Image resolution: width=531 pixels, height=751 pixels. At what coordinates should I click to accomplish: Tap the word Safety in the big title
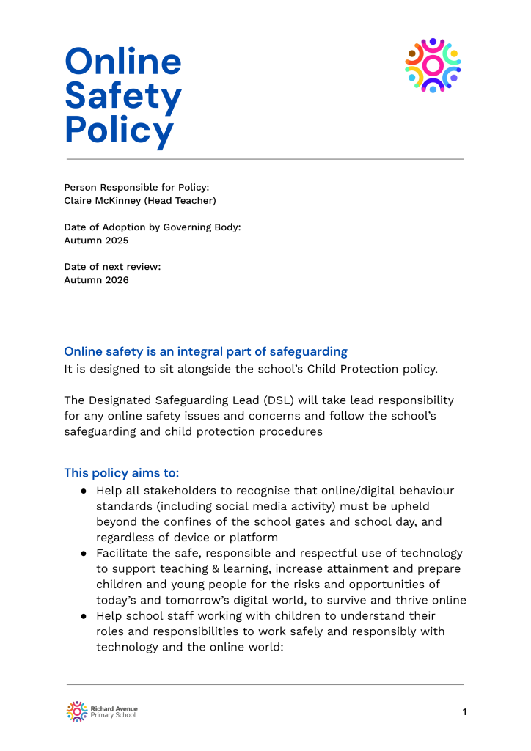123,97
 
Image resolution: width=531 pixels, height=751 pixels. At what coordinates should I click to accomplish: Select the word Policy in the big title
120,131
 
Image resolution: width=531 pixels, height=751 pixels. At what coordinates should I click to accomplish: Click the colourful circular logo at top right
433,65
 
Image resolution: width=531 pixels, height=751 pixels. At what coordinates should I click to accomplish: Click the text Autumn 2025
96,240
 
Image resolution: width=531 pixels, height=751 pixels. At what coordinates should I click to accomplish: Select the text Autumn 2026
96,279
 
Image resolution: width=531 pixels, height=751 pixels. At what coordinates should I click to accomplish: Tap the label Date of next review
112,266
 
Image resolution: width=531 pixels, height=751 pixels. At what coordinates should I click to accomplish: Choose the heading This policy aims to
121,472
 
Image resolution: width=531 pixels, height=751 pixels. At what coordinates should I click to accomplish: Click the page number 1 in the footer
464,711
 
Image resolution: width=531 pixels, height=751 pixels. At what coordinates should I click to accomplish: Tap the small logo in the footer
77,711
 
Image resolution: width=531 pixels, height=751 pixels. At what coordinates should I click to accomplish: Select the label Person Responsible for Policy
136,187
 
